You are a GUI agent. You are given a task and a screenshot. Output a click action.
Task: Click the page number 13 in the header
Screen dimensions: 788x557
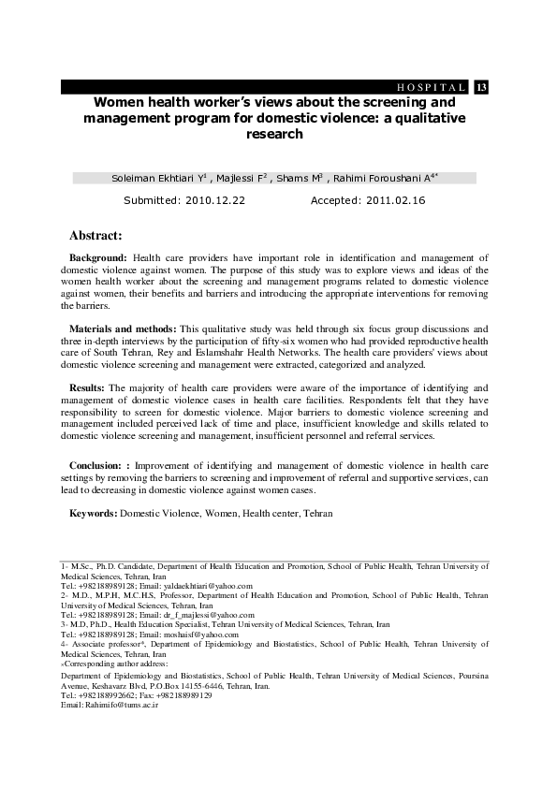[x=481, y=87]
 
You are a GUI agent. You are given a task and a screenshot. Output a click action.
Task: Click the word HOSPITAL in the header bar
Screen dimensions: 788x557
[x=433, y=87]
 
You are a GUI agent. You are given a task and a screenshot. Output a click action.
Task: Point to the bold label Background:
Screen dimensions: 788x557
[x=100, y=256]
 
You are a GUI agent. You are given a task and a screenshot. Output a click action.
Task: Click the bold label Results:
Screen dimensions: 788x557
[x=89, y=387]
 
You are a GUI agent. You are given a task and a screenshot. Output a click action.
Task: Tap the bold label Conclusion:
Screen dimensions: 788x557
[x=98, y=465]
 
